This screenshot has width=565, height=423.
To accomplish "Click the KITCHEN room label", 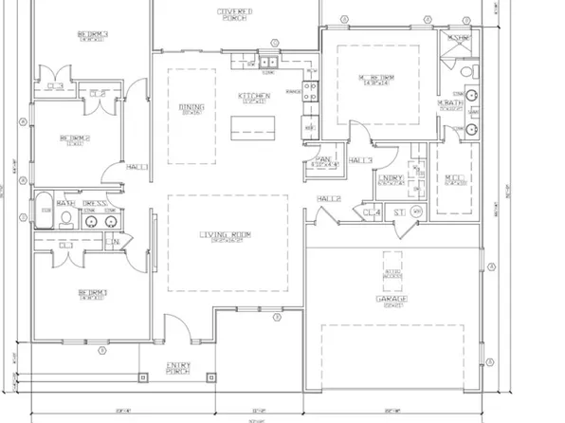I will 255,96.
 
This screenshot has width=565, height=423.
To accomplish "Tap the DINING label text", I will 191,107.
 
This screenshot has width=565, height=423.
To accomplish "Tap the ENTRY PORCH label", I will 179,366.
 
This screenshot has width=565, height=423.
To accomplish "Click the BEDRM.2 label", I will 74,138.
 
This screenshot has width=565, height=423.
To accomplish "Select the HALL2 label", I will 328,198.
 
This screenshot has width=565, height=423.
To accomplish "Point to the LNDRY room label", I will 391,177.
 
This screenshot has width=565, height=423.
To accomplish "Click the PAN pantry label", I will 321,159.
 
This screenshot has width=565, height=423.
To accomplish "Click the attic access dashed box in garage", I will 391,268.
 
